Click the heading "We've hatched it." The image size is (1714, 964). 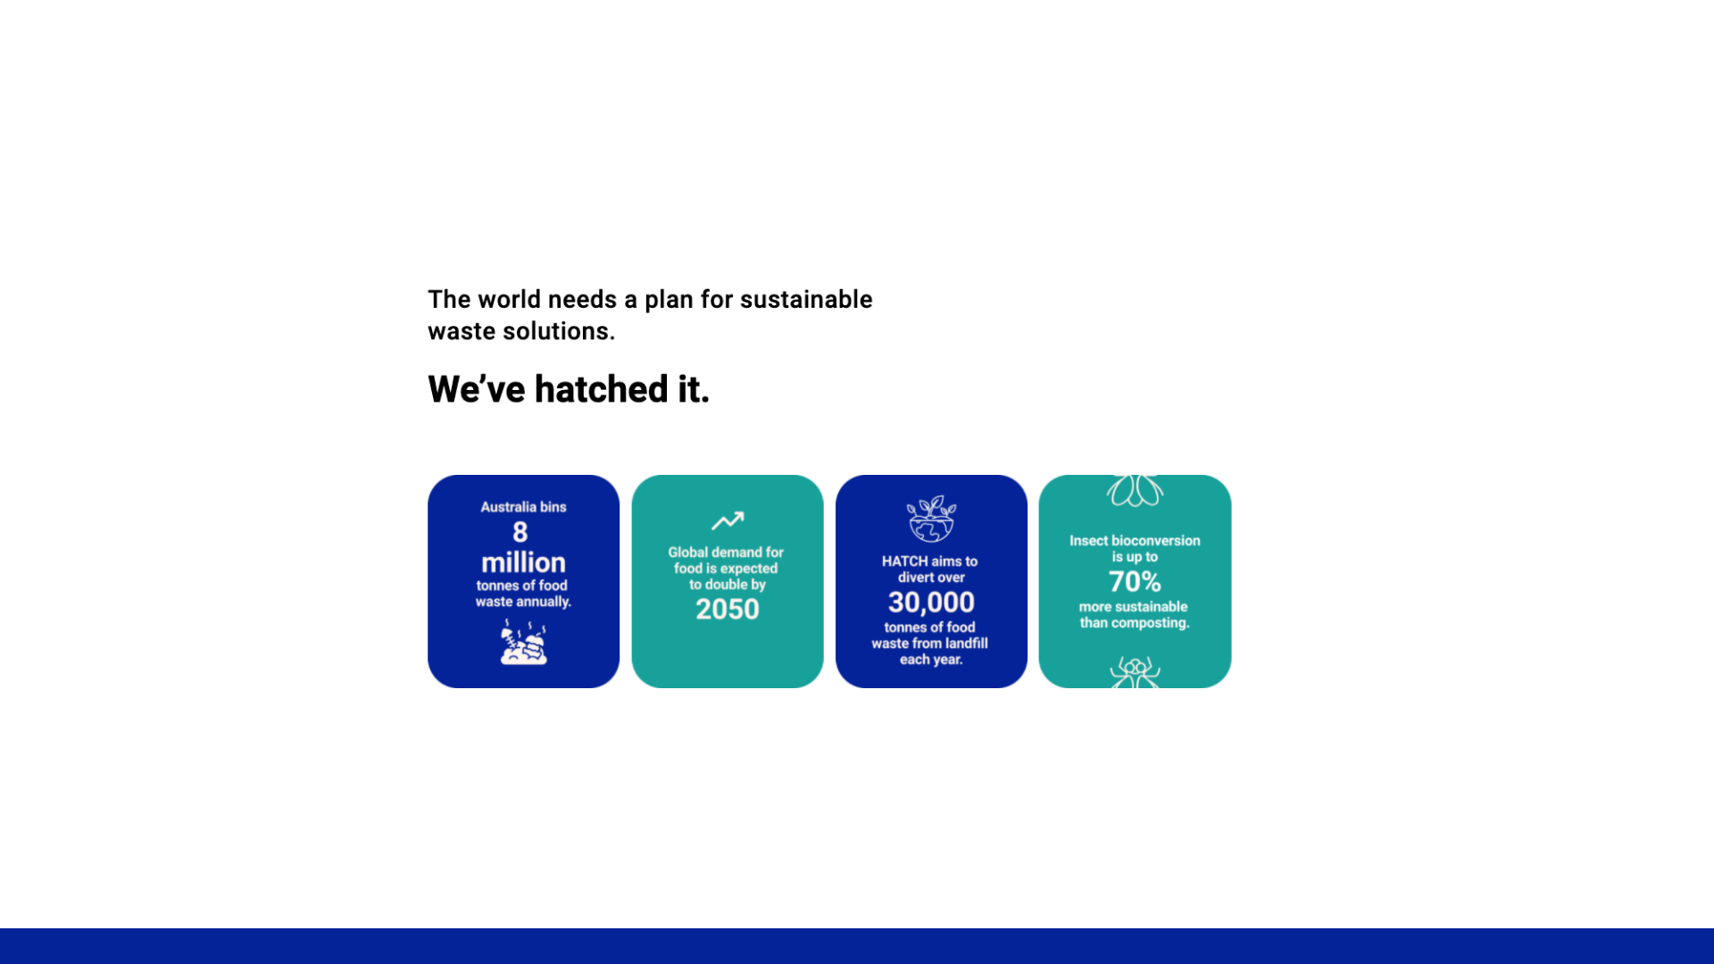[x=568, y=390]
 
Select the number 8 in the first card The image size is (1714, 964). [x=520, y=533]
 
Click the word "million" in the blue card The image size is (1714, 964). [x=523, y=562]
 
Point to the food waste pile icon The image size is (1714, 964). [x=523, y=643]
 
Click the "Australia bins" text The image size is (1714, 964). [x=523, y=507]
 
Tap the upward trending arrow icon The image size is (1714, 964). [x=727, y=520]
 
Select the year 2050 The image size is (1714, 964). [x=727, y=610]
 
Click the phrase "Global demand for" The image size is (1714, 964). [x=726, y=553]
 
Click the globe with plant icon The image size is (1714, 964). [x=931, y=519]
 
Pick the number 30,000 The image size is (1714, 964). [x=931, y=602]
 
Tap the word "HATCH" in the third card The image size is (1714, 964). [x=904, y=561]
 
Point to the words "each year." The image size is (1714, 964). [x=931, y=660]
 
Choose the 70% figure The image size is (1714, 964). [x=1135, y=582]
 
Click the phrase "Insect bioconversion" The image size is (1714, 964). [x=1135, y=541]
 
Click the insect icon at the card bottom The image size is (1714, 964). [x=1135, y=672]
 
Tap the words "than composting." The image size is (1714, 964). [x=1135, y=623]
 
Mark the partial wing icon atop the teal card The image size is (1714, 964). [x=1135, y=490]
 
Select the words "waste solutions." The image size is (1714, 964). [x=521, y=332]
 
